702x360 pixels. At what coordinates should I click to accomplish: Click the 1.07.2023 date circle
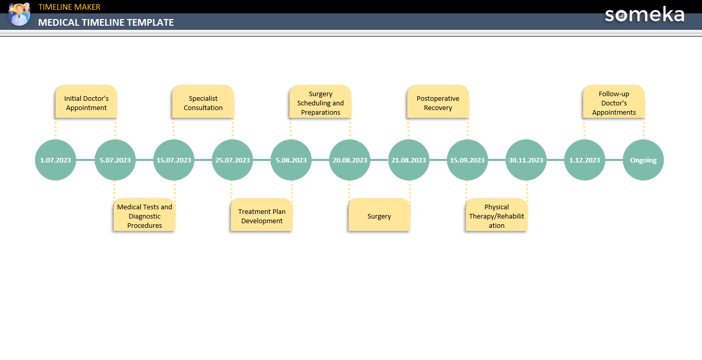[x=56, y=160]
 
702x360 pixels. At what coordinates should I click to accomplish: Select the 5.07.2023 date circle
[x=115, y=160]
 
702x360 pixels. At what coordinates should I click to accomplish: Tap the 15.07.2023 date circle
[x=174, y=160]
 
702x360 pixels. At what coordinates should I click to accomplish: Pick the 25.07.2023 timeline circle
[x=232, y=160]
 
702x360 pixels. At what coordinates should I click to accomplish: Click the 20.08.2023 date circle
[x=350, y=160]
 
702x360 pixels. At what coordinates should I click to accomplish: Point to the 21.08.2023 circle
[x=408, y=160]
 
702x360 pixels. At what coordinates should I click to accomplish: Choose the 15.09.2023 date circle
[x=467, y=160]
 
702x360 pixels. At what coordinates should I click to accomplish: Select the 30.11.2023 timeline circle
[x=526, y=160]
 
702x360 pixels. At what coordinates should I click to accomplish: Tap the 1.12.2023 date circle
[x=584, y=160]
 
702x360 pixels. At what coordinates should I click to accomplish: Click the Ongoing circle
[x=643, y=160]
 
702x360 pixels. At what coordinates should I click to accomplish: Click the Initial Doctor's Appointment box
[x=86, y=103]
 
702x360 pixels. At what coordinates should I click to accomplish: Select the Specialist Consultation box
[x=203, y=103]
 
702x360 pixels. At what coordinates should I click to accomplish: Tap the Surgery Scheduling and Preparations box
[x=320, y=103]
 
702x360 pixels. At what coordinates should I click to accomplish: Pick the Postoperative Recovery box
[x=438, y=103]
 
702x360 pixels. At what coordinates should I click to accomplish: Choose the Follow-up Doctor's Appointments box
[x=614, y=103]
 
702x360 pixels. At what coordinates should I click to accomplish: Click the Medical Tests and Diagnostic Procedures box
[x=145, y=216]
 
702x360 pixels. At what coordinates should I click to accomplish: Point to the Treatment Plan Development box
[x=262, y=216]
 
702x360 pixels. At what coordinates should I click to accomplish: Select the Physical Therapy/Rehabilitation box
[x=496, y=216]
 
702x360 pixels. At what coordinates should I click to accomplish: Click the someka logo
[x=644, y=14]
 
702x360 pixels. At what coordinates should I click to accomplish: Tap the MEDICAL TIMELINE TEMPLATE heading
[x=106, y=23]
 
